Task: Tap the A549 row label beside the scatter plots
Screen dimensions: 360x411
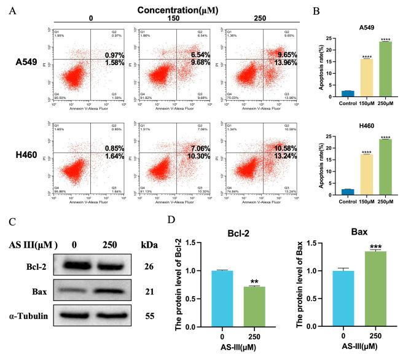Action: click(29, 62)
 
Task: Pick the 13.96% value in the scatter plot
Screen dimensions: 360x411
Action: click(276, 63)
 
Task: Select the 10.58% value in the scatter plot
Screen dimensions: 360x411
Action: click(276, 149)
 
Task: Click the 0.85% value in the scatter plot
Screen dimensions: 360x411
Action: click(125, 149)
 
